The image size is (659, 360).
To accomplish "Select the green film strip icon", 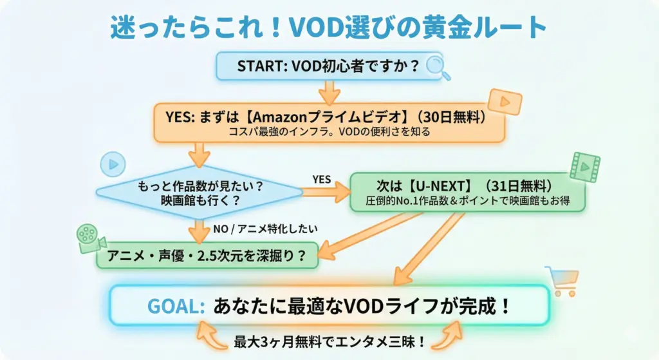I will [x=584, y=167].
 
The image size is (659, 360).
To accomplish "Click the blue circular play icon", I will [x=113, y=164].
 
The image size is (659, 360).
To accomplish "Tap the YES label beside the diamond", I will [x=322, y=178].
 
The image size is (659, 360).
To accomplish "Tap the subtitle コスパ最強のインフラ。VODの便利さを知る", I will [x=329, y=132].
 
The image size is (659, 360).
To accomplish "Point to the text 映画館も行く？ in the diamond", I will [x=200, y=200].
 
